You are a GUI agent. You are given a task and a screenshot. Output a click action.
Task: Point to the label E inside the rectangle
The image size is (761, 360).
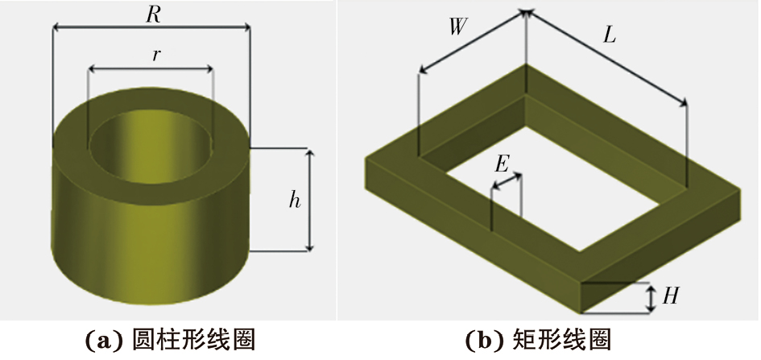(501, 164)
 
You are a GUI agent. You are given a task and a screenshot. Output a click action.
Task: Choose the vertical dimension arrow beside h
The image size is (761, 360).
(310, 199)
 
